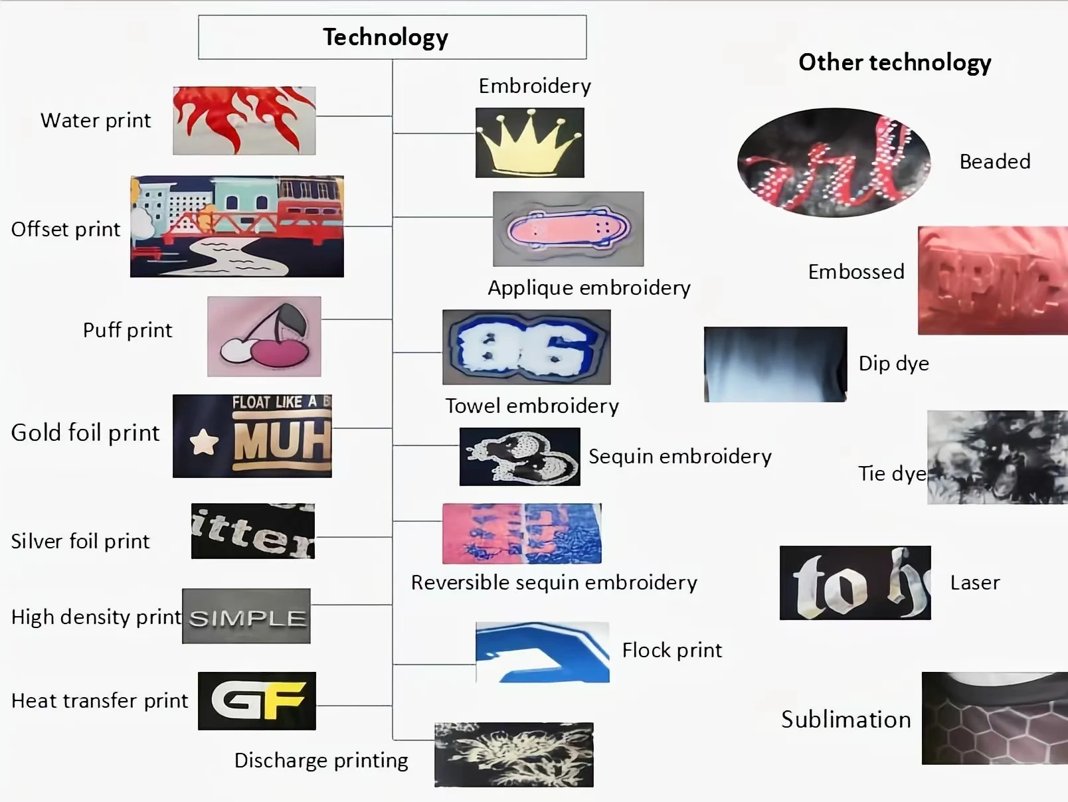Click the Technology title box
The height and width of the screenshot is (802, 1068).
[392, 37]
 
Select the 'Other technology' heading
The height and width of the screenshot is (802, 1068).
[894, 62]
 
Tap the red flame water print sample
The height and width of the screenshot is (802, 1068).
[244, 120]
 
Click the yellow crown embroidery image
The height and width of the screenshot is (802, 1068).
[529, 142]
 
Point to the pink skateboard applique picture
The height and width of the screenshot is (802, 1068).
[568, 229]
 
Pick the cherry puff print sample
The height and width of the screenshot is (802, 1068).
[264, 336]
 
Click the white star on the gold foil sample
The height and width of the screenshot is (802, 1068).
[204, 441]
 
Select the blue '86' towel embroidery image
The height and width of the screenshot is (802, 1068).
[526, 347]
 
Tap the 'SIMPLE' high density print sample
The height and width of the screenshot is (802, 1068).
[246, 616]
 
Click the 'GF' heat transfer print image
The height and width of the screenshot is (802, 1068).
[257, 700]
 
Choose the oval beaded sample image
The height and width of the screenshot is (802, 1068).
[834, 161]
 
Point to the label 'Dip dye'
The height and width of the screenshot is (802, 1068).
[893, 364]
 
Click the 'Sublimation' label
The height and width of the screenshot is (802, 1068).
[845, 720]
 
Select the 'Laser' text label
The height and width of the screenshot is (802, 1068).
[974, 583]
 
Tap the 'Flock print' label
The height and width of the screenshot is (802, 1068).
[671, 651]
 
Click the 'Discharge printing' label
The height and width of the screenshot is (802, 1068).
[321, 760]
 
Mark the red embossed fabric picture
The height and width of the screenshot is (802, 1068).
[992, 280]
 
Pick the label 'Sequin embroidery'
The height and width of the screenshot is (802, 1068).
[679, 457]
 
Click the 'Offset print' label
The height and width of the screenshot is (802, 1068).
[66, 230]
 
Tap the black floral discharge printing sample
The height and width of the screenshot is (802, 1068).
[513, 754]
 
